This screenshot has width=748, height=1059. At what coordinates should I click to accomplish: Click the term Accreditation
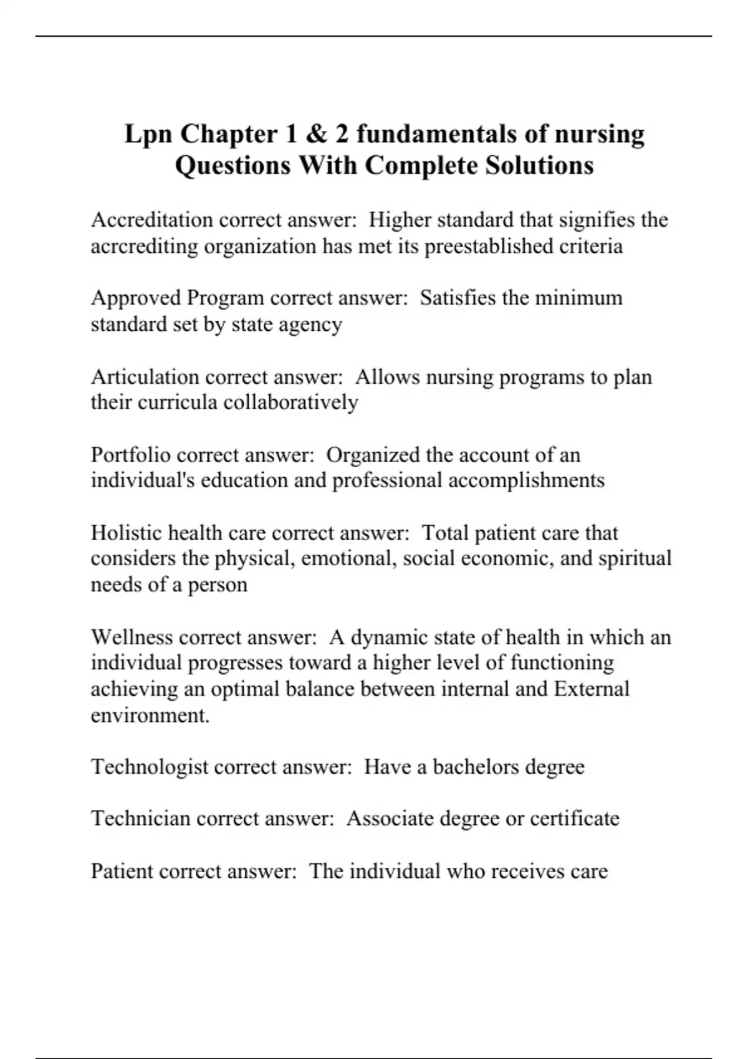click(x=152, y=220)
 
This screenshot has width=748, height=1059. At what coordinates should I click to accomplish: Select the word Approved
click(x=136, y=298)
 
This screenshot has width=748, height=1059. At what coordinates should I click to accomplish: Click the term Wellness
click(x=132, y=637)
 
